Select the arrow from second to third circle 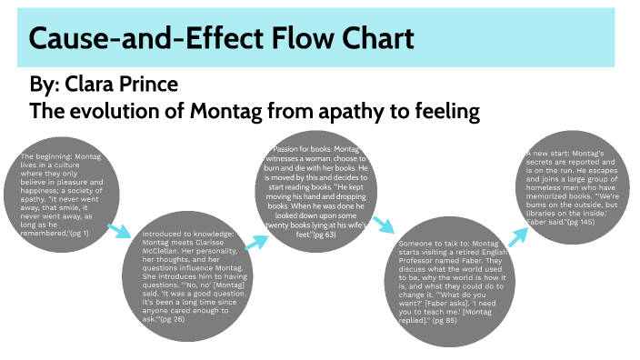(x=256, y=241)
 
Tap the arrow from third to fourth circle (x=383, y=224)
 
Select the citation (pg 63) (x=324, y=235)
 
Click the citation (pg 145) (x=578, y=221)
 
